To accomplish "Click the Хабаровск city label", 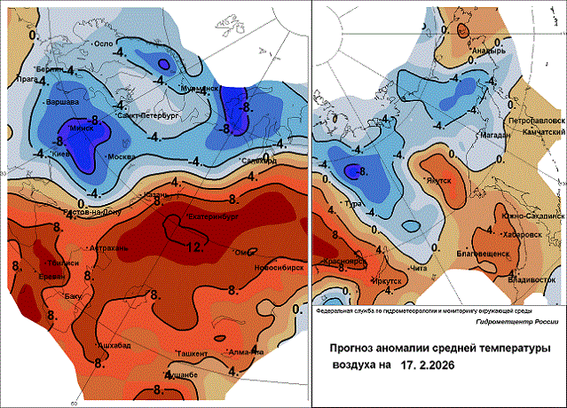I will click(522, 236).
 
